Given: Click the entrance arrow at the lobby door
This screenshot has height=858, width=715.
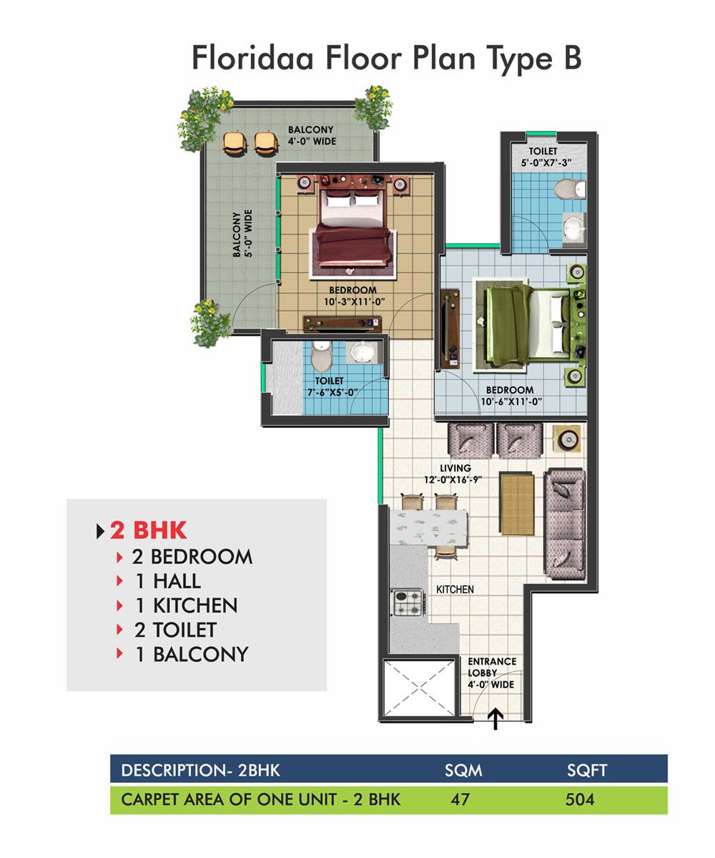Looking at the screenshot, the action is click(x=495, y=719).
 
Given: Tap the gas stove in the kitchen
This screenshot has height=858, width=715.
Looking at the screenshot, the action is click(x=408, y=602).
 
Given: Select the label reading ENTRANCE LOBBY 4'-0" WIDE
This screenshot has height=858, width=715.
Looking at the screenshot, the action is click(x=491, y=673).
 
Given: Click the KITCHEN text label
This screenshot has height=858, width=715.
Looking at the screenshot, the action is click(x=455, y=590).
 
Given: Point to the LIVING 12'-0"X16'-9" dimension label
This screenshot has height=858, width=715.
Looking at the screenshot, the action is click(x=453, y=474).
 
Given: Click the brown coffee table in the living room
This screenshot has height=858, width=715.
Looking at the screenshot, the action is click(x=516, y=503).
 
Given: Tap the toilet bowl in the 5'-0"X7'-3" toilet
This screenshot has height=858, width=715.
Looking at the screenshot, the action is click(x=570, y=189).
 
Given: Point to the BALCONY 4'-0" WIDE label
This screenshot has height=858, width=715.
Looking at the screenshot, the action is click(x=312, y=135).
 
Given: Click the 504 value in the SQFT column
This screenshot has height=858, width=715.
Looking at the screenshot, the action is click(x=580, y=799).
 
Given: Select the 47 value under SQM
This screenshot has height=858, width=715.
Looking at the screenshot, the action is click(x=460, y=799).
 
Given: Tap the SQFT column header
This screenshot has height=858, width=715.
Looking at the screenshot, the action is click(x=587, y=771).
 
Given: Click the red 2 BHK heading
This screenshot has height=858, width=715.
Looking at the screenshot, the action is click(x=148, y=530).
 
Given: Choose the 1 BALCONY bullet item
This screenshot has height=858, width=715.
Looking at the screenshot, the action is click(x=192, y=654).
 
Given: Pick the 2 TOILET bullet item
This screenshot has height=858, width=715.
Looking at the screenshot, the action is click(x=175, y=630).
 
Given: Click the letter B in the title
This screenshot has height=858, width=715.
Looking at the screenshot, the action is click(x=572, y=57).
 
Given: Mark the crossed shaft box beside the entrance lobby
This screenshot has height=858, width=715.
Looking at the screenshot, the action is click(x=419, y=687).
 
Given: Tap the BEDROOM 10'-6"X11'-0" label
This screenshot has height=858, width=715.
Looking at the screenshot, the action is click(x=511, y=396).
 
